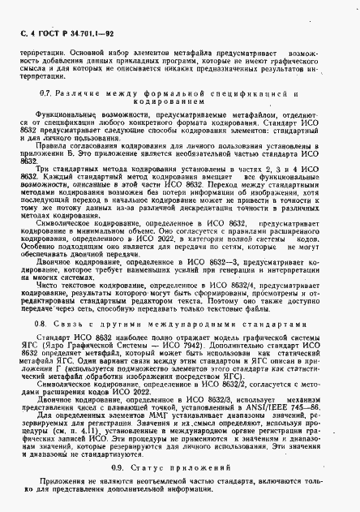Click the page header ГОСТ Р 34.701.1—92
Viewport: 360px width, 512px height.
(61, 32)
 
